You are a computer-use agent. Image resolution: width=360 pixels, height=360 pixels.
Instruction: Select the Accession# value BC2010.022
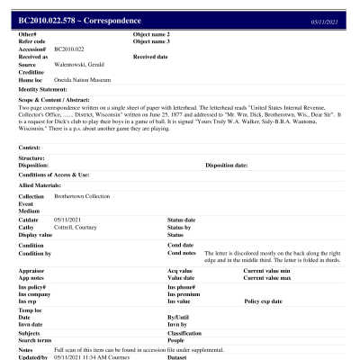pos(68,49)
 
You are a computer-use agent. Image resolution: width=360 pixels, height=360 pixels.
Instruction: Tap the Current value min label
pos(269,270)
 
